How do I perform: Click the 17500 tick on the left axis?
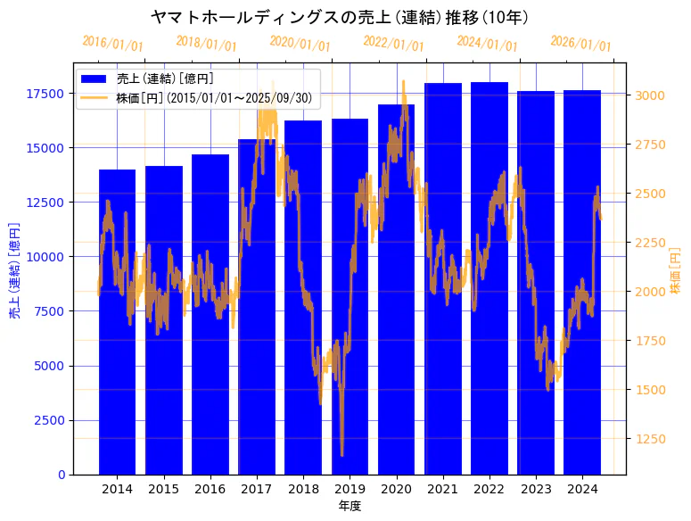pyautogui.click(x=45, y=94)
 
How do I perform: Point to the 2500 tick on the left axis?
pyautogui.click(x=49, y=420)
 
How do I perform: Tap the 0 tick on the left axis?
pyautogui.click(x=62, y=475)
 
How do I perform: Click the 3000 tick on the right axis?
pyautogui.click(x=648, y=95)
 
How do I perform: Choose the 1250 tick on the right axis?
pyautogui.click(x=648, y=439)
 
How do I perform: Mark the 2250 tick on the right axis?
pyautogui.click(x=648, y=243)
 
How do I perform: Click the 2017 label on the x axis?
pyautogui.click(x=257, y=489)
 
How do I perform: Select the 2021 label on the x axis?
pyautogui.click(x=442, y=489)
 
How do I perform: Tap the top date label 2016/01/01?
pyautogui.click(x=113, y=44)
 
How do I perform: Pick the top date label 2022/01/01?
pyautogui.click(x=393, y=43)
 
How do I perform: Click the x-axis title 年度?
pyautogui.click(x=350, y=507)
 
